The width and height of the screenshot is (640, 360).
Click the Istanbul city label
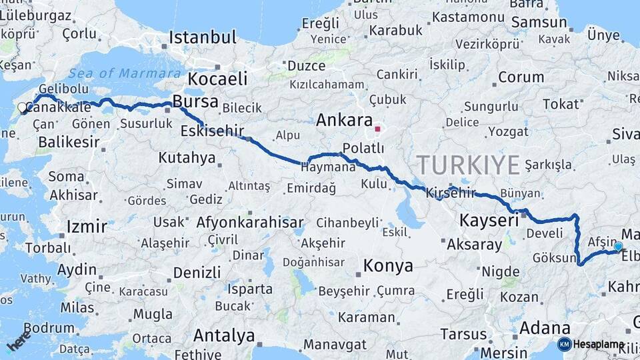tap(202, 37)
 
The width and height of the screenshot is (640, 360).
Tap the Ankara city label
tap(343, 120)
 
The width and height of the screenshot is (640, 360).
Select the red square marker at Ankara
tap(378, 129)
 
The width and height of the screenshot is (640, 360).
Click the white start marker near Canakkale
tap(22, 107)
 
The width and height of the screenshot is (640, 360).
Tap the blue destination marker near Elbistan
tap(618, 247)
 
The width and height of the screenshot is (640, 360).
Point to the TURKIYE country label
tap(467, 164)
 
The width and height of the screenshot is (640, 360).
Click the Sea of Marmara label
tap(125, 73)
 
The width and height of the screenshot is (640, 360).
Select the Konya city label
tap(388, 266)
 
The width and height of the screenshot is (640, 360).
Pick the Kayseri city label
tap(489, 219)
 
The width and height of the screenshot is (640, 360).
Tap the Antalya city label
tap(223, 335)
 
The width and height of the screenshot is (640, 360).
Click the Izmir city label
tap(87, 227)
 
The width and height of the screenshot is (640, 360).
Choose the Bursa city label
tap(195, 101)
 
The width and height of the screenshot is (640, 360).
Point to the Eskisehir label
tap(212, 130)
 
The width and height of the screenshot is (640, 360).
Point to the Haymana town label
tap(329, 167)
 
